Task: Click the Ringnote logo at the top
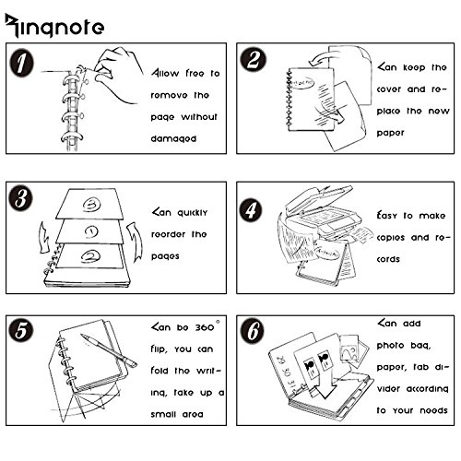(x=54, y=26)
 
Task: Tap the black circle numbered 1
(x=21, y=63)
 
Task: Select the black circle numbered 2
(x=253, y=59)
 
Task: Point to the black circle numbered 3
(x=20, y=198)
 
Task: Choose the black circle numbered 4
(x=251, y=210)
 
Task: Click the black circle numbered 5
(x=21, y=330)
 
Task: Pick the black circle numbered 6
(x=252, y=331)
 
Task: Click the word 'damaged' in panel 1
(x=173, y=139)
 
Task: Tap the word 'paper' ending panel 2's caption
(x=390, y=133)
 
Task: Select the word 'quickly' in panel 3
(x=193, y=213)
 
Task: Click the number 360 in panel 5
(x=205, y=327)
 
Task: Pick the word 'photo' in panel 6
(x=390, y=346)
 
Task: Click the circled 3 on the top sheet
(x=91, y=205)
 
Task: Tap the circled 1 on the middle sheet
(x=91, y=232)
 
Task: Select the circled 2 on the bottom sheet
(x=90, y=256)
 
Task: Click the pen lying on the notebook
(x=109, y=350)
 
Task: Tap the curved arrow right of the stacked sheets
(x=136, y=242)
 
